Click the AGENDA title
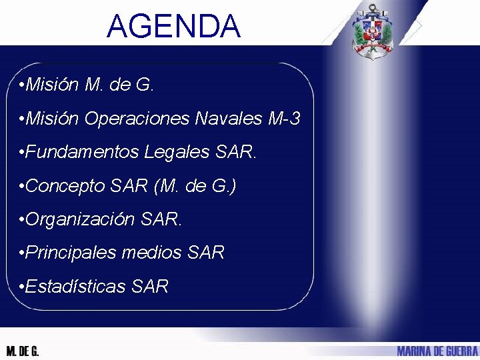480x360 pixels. click(x=173, y=27)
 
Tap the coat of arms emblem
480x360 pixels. click(x=373, y=31)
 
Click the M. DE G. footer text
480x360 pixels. click(x=23, y=351)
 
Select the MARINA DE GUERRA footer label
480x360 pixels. click(x=437, y=351)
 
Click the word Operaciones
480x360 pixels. click(x=137, y=119)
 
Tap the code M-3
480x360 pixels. click(x=284, y=119)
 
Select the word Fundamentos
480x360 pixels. click(x=83, y=153)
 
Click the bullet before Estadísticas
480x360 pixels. click(x=23, y=287)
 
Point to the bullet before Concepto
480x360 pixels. click(x=23, y=187)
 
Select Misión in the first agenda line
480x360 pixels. click(x=53, y=85)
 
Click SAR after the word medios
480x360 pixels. click(x=206, y=253)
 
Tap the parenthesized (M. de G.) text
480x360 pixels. click(x=195, y=186)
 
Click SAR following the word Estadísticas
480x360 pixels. click(x=150, y=287)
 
